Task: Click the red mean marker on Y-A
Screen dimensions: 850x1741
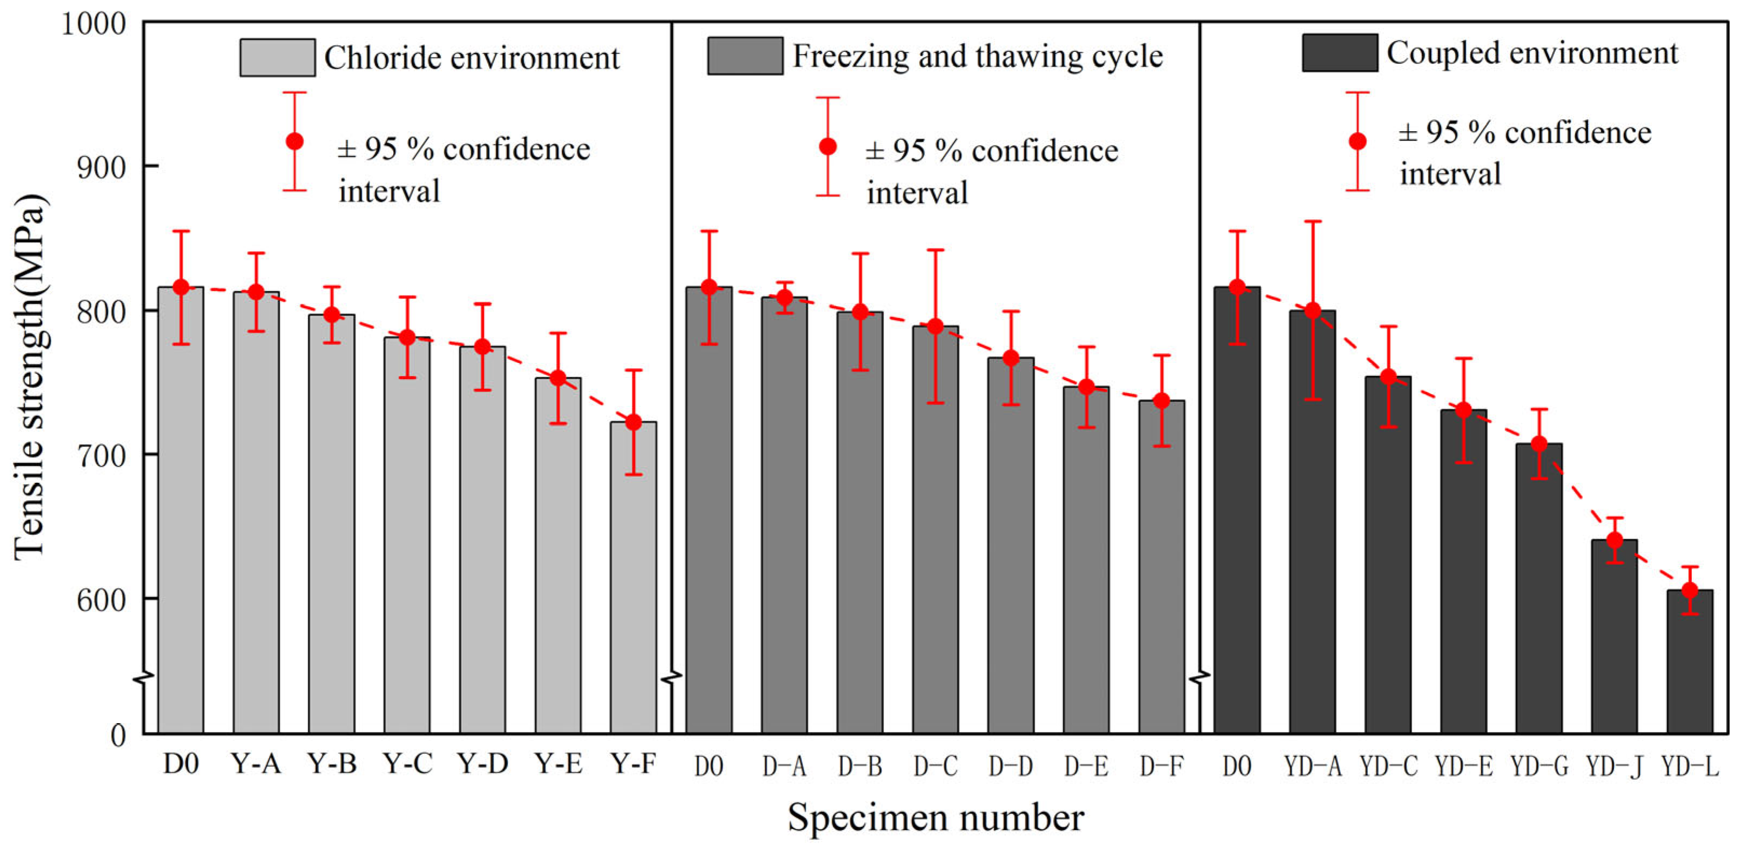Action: click(x=256, y=292)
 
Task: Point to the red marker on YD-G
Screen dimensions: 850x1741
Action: click(x=1539, y=444)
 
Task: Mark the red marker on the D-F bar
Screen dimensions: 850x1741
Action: click(x=1162, y=401)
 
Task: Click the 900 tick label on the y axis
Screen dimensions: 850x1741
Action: click(x=102, y=167)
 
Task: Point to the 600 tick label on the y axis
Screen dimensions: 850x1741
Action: click(x=102, y=599)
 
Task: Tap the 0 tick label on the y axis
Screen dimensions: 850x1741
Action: click(x=118, y=735)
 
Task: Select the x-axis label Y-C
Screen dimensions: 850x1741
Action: click(x=408, y=764)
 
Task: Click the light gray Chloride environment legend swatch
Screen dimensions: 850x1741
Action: click(x=277, y=57)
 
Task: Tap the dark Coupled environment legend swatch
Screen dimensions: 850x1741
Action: click(x=1340, y=53)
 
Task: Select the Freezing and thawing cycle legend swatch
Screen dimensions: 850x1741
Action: click(x=745, y=56)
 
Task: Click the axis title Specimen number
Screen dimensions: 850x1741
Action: click(x=935, y=818)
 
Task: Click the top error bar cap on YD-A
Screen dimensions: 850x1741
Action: click(x=1313, y=221)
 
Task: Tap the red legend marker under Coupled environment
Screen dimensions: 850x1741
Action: click(x=1357, y=141)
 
